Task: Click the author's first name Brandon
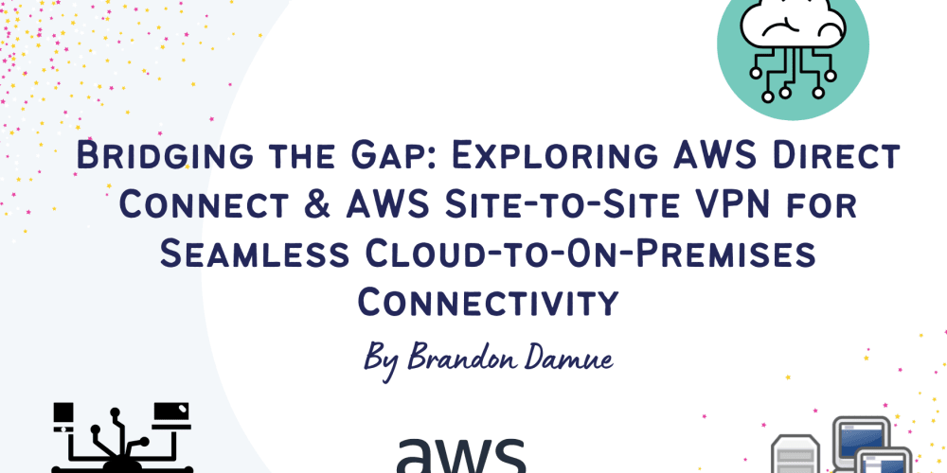[x=462, y=359]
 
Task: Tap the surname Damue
[x=563, y=359]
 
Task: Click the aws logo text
[x=460, y=455]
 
